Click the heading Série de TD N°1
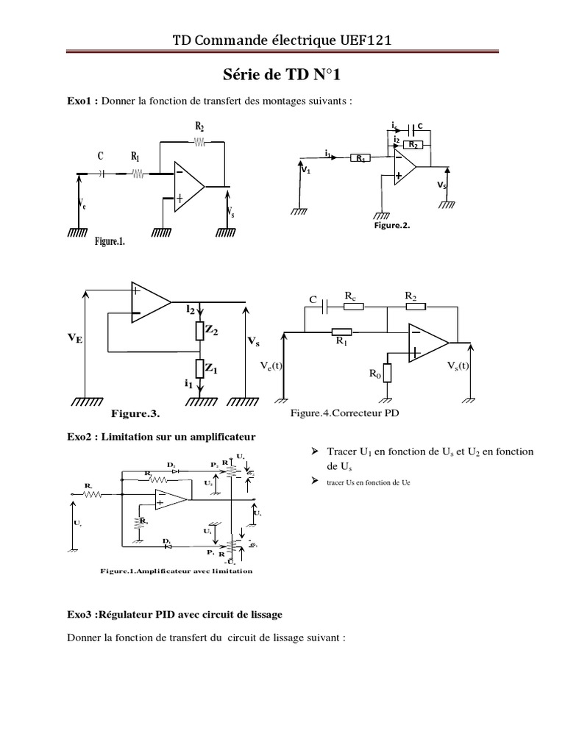coord(282,76)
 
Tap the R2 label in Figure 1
coord(199,126)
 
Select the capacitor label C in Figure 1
coord(100,156)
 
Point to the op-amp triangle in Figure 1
coord(188,187)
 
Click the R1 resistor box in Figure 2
coord(360,157)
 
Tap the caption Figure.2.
coord(392,226)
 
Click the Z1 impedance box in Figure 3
coord(199,367)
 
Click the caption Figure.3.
coord(135,413)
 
